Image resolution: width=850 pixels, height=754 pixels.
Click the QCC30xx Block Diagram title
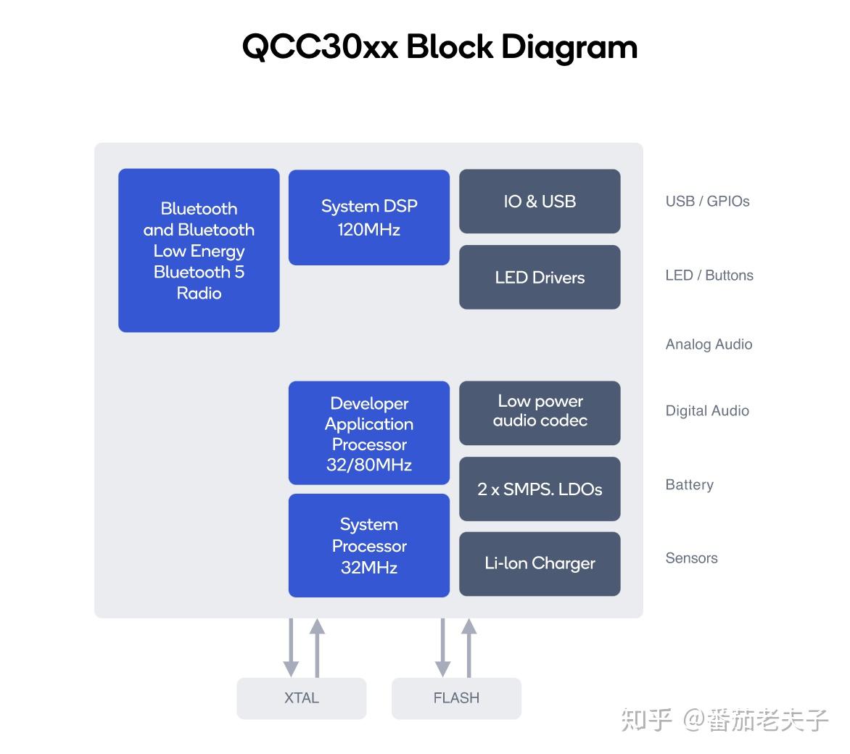coord(440,47)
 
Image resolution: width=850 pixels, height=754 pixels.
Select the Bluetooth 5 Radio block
coord(199,251)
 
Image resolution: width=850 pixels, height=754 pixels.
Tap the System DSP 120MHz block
coord(369,217)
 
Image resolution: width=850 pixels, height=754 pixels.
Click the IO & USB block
coord(540,202)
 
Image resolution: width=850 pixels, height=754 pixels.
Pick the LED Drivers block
coord(540,277)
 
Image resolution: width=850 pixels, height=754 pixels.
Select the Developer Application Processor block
coord(369,434)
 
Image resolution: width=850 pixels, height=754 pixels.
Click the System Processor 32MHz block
coord(369,545)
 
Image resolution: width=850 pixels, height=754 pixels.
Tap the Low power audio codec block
coord(540,413)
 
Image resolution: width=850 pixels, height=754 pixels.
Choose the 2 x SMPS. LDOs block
coord(540,489)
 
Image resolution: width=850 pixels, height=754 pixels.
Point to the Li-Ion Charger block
coord(540,563)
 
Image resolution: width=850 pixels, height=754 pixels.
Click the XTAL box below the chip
coord(302,698)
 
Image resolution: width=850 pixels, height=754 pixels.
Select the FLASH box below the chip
coord(456,698)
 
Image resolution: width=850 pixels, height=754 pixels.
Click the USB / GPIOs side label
coord(707,202)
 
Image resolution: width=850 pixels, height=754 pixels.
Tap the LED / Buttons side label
coord(709,275)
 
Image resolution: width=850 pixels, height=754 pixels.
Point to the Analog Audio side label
coord(709,344)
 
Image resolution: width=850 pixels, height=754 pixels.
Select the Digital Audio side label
coord(707,411)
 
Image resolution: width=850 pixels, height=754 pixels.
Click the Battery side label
coord(689,485)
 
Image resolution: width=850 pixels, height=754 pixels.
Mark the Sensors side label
coord(691,558)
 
